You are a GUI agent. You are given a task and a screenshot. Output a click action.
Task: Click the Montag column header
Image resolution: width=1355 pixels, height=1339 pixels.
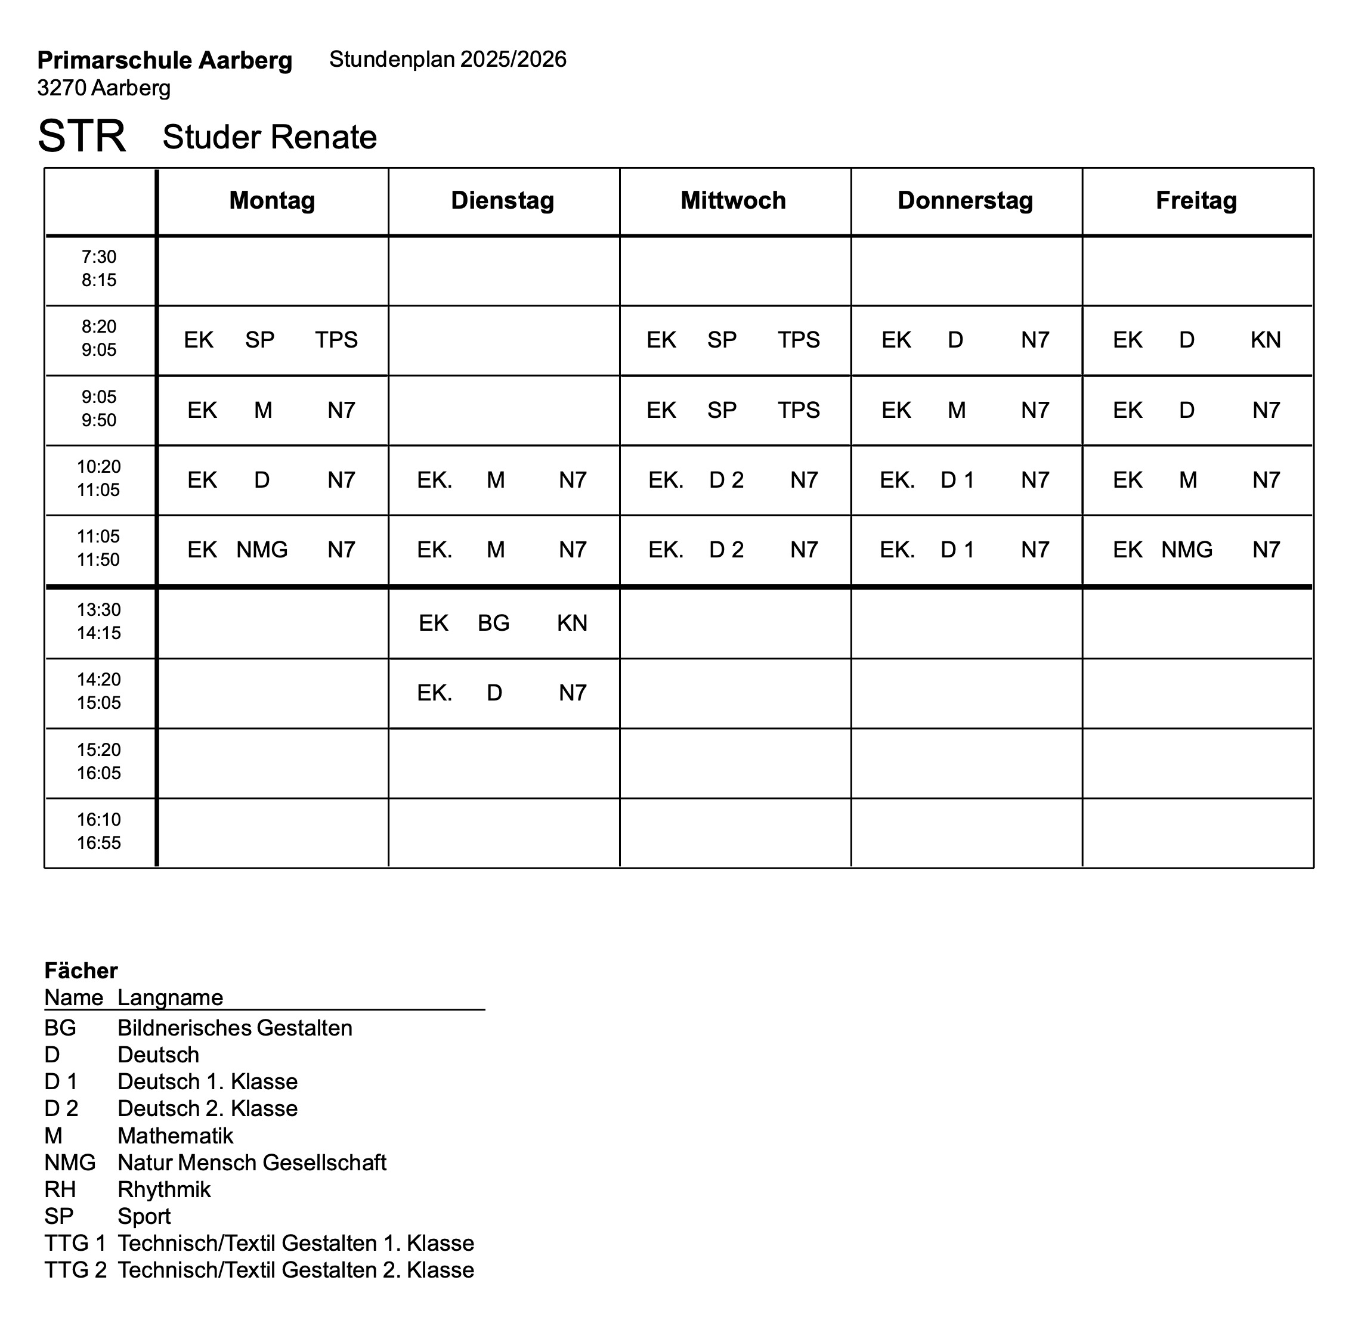pyautogui.click(x=272, y=200)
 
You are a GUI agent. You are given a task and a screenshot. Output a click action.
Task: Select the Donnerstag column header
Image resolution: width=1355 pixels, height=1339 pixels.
pyautogui.click(x=965, y=200)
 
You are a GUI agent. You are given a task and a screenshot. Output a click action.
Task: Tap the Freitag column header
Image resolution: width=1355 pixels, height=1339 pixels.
pyautogui.click(x=1196, y=200)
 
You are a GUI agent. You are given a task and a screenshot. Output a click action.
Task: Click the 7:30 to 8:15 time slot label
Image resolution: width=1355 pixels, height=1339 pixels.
pyautogui.click(x=99, y=268)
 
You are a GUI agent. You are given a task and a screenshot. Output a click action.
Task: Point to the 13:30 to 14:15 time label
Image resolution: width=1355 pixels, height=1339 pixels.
pyautogui.click(x=99, y=621)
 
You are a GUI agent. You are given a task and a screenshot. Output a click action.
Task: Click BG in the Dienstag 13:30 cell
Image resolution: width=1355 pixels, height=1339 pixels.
pyautogui.click(x=493, y=622)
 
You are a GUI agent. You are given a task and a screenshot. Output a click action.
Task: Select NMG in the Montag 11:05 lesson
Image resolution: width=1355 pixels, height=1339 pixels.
pyautogui.click(x=262, y=550)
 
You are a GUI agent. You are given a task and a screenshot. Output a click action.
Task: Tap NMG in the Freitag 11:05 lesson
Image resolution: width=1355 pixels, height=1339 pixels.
pyautogui.click(x=1187, y=550)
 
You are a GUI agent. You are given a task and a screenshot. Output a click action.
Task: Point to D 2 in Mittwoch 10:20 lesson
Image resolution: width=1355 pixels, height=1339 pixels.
pyautogui.click(x=726, y=481)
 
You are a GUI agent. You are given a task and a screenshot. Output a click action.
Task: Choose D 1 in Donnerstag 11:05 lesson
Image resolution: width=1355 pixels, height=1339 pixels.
pyautogui.click(x=957, y=550)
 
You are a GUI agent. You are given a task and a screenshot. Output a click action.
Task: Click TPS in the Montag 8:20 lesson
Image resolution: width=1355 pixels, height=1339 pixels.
pyautogui.click(x=336, y=340)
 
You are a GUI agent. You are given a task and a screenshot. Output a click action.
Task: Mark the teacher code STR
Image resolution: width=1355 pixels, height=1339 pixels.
pyautogui.click(x=81, y=136)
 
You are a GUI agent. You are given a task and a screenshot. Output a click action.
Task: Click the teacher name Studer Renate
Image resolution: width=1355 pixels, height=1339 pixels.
pyautogui.click(x=270, y=137)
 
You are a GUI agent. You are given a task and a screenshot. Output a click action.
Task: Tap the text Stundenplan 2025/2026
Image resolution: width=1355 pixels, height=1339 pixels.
pyautogui.click(x=447, y=60)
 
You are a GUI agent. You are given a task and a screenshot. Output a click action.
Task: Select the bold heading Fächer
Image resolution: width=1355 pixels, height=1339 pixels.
pyautogui.click(x=81, y=970)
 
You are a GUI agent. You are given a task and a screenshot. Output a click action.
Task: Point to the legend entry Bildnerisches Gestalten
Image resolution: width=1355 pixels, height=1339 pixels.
pyautogui.click(x=235, y=1028)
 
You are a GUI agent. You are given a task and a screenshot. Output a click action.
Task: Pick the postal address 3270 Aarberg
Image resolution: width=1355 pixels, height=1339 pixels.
pyautogui.click(x=104, y=88)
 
